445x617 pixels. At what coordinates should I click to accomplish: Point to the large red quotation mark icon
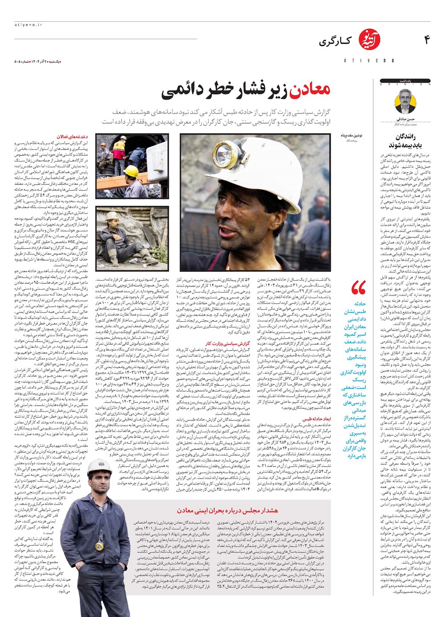click(x=359, y=288)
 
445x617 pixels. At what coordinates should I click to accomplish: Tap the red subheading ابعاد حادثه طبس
click(x=316, y=419)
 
